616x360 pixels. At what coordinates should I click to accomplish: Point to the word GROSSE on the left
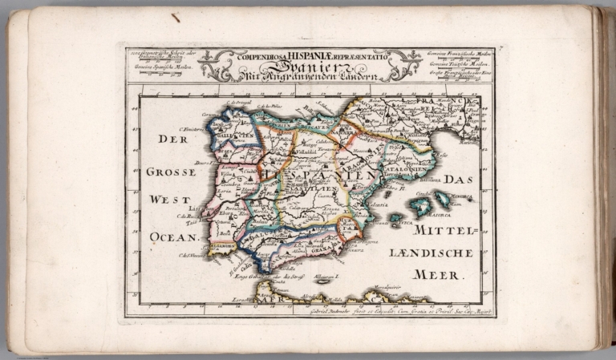tap(171, 172)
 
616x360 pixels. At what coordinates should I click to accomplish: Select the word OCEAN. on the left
tap(172, 237)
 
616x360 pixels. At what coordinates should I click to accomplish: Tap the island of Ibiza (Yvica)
tap(395, 217)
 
